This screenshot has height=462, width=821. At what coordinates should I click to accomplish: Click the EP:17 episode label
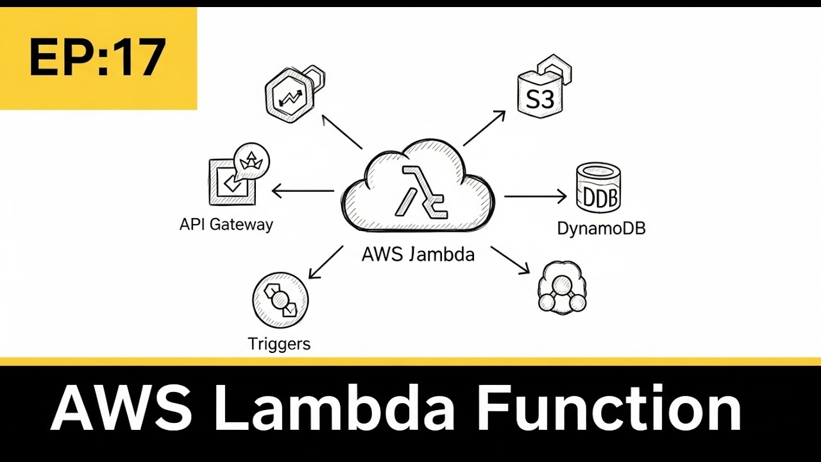[x=97, y=58]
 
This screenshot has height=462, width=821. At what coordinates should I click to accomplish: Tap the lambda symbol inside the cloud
[x=420, y=192]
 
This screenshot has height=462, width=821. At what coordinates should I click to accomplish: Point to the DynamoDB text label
[x=601, y=228]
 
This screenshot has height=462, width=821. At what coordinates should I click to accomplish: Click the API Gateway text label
[x=226, y=225]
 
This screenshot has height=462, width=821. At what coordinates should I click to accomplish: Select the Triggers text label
[x=279, y=344]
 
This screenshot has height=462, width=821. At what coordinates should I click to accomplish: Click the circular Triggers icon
[x=281, y=300]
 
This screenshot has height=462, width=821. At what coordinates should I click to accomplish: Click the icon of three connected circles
[x=561, y=288]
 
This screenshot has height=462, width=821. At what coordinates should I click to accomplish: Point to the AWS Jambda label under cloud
[x=418, y=255]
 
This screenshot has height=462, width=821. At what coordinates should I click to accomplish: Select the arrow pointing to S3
[x=484, y=128]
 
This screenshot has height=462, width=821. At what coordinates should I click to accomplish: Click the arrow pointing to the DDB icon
[x=535, y=196]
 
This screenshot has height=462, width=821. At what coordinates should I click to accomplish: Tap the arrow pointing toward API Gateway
[x=303, y=191]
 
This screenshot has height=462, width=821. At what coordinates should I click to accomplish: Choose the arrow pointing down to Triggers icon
[x=326, y=262]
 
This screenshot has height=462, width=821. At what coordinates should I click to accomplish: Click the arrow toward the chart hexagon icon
[x=343, y=132]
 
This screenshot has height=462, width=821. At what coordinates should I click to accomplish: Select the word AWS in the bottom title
[x=122, y=409]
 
